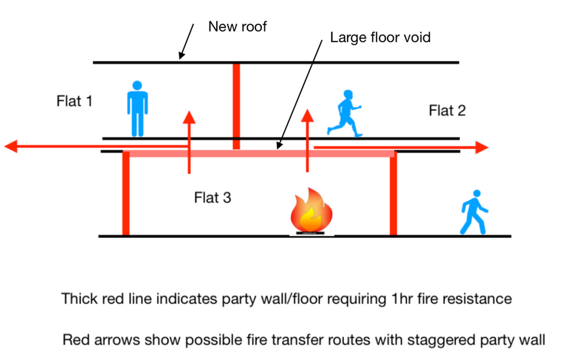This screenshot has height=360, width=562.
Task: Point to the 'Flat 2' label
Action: tap(447, 110)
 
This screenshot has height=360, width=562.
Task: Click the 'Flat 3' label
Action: tap(213, 197)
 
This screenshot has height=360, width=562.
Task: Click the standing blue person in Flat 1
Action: tap(137, 109)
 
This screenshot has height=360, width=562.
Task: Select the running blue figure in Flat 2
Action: tap(344, 113)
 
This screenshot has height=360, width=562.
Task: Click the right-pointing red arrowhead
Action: tap(482, 148)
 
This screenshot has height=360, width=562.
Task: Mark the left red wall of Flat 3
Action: tap(126, 195)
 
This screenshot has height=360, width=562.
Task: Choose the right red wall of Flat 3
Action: tap(393, 195)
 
